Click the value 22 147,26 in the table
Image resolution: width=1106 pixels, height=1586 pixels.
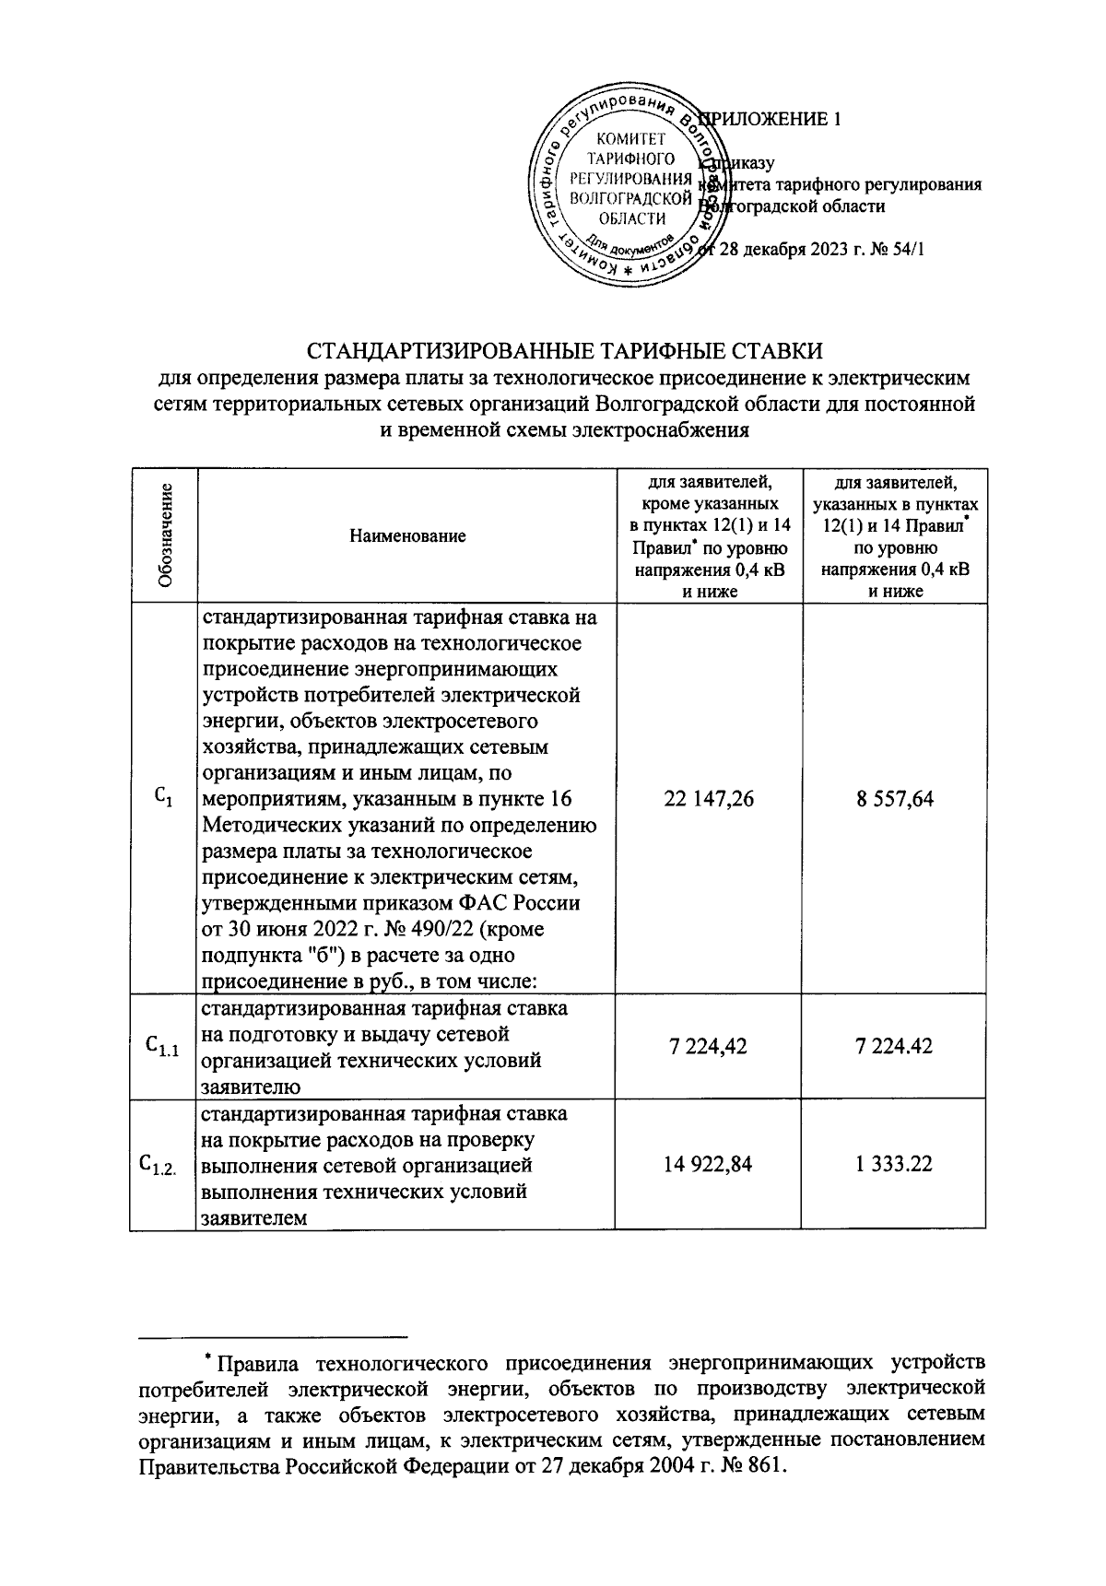[x=709, y=799]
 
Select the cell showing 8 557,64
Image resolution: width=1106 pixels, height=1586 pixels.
[x=894, y=799]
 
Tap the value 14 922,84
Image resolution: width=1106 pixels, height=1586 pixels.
[x=708, y=1164]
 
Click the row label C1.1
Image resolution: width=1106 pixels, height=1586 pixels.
[x=163, y=1047]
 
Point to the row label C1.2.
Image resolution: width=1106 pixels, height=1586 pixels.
[x=163, y=1165]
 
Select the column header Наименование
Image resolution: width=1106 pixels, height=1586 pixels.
[x=408, y=536]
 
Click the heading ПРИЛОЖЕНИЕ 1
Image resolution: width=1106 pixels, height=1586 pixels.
[x=779, y=119]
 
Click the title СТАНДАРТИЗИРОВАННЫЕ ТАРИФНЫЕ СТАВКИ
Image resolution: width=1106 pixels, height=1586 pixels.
[x=564, y=352]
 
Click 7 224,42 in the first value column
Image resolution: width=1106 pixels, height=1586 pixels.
[x=708, y=1047]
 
